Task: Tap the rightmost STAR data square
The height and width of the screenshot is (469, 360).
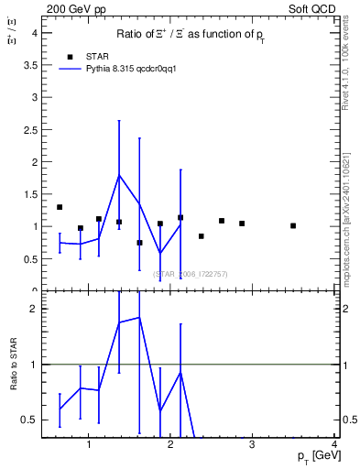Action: [x=293, y=225]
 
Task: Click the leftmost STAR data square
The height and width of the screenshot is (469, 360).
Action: [x=60, y=207]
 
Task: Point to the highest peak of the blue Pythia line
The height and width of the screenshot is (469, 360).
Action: [x=119, y=175]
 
